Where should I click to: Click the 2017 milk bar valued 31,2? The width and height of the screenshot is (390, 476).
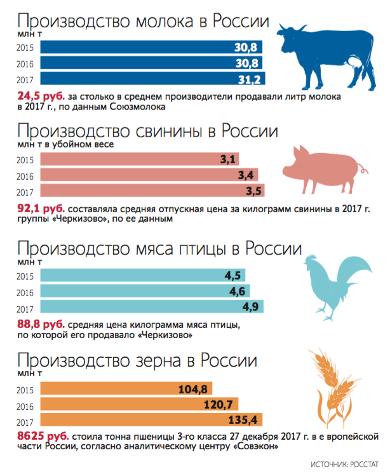[x=152, y=79]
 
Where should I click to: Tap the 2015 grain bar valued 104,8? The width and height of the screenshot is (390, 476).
[x=126, y=389]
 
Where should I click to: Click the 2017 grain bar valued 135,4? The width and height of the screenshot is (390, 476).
[x=152, y=420]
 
